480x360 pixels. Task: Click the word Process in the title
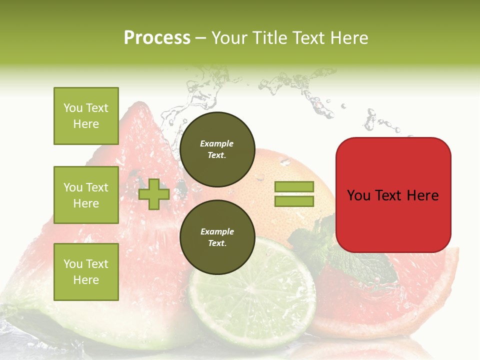[x=157, y=37]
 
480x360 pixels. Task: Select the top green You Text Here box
[x=86, y=116]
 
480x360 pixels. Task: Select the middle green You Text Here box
[x=86, y=195]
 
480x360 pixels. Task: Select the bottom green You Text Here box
[x=86, y=272]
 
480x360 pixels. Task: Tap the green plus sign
[x=153, y=194]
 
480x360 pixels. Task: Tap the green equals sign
[x=294, y=194]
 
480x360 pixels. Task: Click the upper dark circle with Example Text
[x=217, y=149]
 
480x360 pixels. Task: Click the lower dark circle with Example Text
[x=217, y=237]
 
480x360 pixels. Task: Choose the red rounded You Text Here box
[x=393, y=195]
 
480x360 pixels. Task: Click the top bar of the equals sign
[x=294, y=186]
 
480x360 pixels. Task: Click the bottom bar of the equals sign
[x=294, y=201]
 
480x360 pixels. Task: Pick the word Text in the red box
[x=392, y=195]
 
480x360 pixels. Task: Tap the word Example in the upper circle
[x=217, y=143]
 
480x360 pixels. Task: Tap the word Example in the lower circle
[x=217, y=231]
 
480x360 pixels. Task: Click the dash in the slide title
[x=201, y=38]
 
